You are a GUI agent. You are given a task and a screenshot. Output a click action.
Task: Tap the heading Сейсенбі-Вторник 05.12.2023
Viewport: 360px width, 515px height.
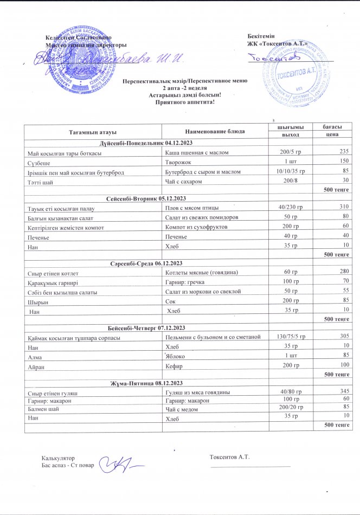(146, 199)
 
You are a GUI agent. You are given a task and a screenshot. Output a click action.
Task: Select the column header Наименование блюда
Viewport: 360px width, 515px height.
(215, 132)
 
